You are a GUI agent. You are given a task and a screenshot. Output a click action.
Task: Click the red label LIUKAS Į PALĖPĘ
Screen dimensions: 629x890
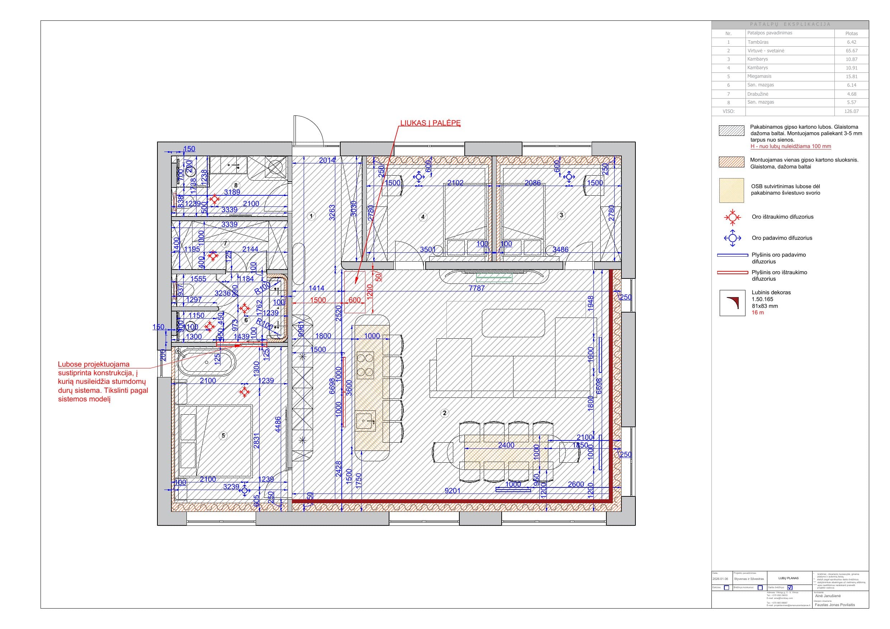click(x=430, y=123)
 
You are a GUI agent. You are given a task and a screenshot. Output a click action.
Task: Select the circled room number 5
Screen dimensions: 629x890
click(x=223, y=435)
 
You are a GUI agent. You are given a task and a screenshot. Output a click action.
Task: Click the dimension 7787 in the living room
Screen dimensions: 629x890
click(x=477, y=288)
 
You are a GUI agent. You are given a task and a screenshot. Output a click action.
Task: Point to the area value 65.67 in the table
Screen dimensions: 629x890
click(x=851, y=51)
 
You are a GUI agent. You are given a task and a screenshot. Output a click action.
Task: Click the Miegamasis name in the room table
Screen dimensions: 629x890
click(x=759, y=76)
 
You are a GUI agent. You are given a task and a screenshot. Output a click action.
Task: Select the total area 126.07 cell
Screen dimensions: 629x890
click(x=851, y=111)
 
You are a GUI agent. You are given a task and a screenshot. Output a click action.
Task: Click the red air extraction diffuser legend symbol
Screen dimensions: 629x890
click(x=732, y=218)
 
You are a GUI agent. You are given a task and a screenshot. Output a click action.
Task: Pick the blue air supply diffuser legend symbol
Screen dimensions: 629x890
click(x=732, y=238)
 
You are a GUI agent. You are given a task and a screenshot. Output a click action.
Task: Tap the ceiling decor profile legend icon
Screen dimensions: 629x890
click(x=732, y=303)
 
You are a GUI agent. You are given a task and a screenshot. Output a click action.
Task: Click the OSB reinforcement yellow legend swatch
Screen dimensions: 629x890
click(x=732, y=190)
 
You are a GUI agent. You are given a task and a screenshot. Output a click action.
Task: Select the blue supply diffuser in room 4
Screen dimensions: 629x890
click(x=418, y=177)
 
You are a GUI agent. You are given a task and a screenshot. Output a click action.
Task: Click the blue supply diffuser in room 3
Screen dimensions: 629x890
click(x=569, y=177)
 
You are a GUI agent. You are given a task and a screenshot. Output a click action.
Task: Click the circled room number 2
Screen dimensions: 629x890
click(x=445, y=413)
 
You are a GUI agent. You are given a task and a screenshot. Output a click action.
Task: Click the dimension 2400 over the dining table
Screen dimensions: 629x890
click(x=506, y=445)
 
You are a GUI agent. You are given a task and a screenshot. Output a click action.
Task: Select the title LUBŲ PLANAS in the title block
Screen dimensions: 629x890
click(x=789, y=578)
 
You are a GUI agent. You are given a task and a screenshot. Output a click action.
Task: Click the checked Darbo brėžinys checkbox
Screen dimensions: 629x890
click(x=790, y=587)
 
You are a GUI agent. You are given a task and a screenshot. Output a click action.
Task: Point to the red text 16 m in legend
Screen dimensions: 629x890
click(x=757, y=313)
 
